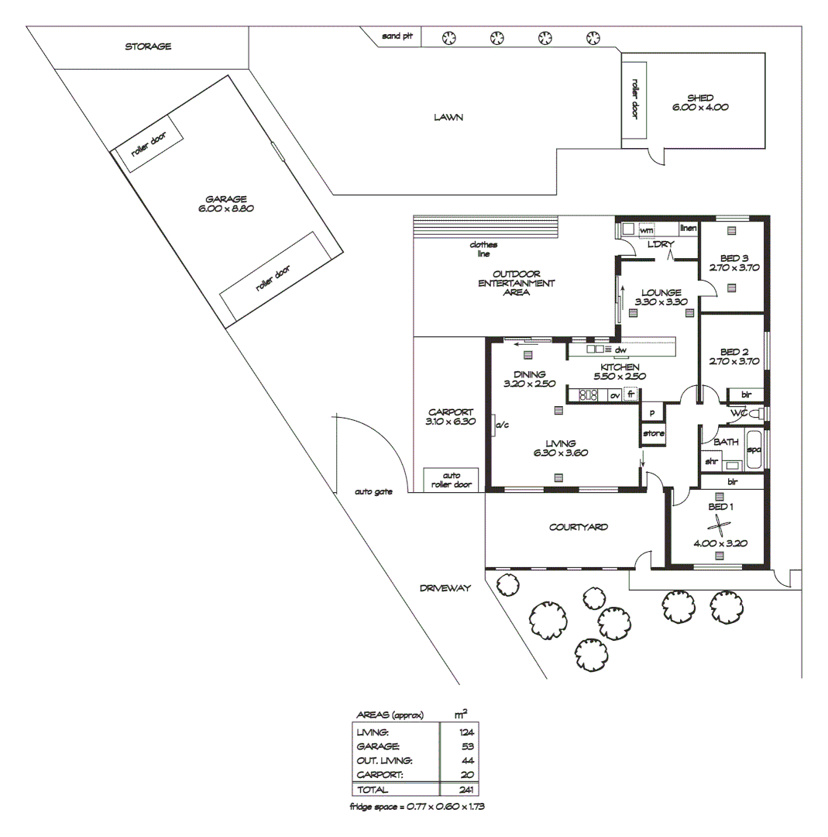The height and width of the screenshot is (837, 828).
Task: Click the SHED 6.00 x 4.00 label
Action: click(699, 103)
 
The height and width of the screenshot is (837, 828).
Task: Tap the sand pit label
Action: click(397, 36)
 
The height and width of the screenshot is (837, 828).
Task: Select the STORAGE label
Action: click(148, 46)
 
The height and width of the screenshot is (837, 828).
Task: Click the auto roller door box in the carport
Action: click(451, 480)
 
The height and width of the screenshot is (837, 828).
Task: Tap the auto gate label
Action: click(373, 491)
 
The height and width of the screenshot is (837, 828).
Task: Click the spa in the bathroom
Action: click(754, 450)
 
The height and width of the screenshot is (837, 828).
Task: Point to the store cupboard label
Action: click(653, 433)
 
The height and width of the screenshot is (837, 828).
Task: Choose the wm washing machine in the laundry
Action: click(646, 230)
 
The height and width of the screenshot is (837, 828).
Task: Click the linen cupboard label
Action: click(688, 229)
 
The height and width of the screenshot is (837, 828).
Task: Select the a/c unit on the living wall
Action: click(500, 425)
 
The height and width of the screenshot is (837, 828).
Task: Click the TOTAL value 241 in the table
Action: click(465, 790)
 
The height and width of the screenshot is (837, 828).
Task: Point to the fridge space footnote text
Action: click(417, 807)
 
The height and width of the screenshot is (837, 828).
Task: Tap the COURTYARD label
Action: click(579, 527)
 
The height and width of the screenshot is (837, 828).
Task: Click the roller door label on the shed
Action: click(634, 98)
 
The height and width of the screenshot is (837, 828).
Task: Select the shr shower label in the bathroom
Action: click(710, 461)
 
